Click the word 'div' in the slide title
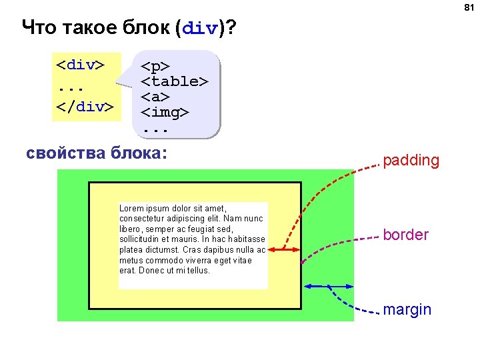point(199,29)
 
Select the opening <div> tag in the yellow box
point(80,66)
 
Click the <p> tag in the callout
point(155,67)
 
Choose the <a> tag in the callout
point(155,97)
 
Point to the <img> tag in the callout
point(165,113)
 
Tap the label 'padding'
point(411,161)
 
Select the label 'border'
point(405,235)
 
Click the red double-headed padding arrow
point(283,249)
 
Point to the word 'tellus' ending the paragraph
point(197,271)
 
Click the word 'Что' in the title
point(39,29)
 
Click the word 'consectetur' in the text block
point(142,219)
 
